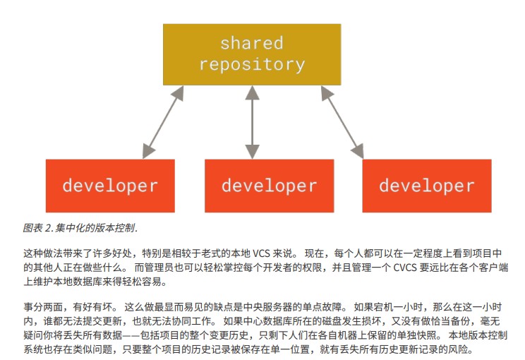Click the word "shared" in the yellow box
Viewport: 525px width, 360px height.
coord(252,43)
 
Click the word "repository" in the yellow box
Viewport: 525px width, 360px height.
coord(252,64)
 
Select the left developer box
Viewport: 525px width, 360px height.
coord(110,186)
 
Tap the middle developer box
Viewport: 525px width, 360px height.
coord(269,186)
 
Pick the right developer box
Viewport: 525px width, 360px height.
coord(427,186)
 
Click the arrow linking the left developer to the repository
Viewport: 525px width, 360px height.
coord(163,122)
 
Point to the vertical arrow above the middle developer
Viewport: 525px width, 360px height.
coord(252,122)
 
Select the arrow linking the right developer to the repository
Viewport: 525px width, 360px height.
coord(342,122)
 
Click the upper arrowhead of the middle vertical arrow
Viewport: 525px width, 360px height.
coord(252,92)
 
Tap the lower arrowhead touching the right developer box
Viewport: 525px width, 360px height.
coord(358,151)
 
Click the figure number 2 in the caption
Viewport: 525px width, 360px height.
coord(48,229)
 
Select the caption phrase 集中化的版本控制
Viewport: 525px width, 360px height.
coord(95,228)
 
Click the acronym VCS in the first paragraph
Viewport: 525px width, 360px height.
coord(261,253)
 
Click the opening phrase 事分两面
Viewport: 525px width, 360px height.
coord(43,307)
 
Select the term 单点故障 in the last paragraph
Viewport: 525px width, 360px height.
coord(322,307)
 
